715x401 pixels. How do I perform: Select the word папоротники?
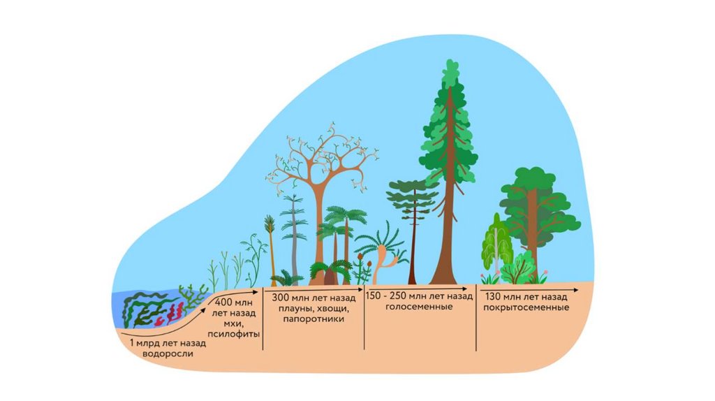314,319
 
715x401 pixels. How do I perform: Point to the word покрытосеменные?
529,307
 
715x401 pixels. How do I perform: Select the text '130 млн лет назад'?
528,296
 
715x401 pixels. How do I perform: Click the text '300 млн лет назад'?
314,296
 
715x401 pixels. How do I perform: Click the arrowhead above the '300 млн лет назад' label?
360,287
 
